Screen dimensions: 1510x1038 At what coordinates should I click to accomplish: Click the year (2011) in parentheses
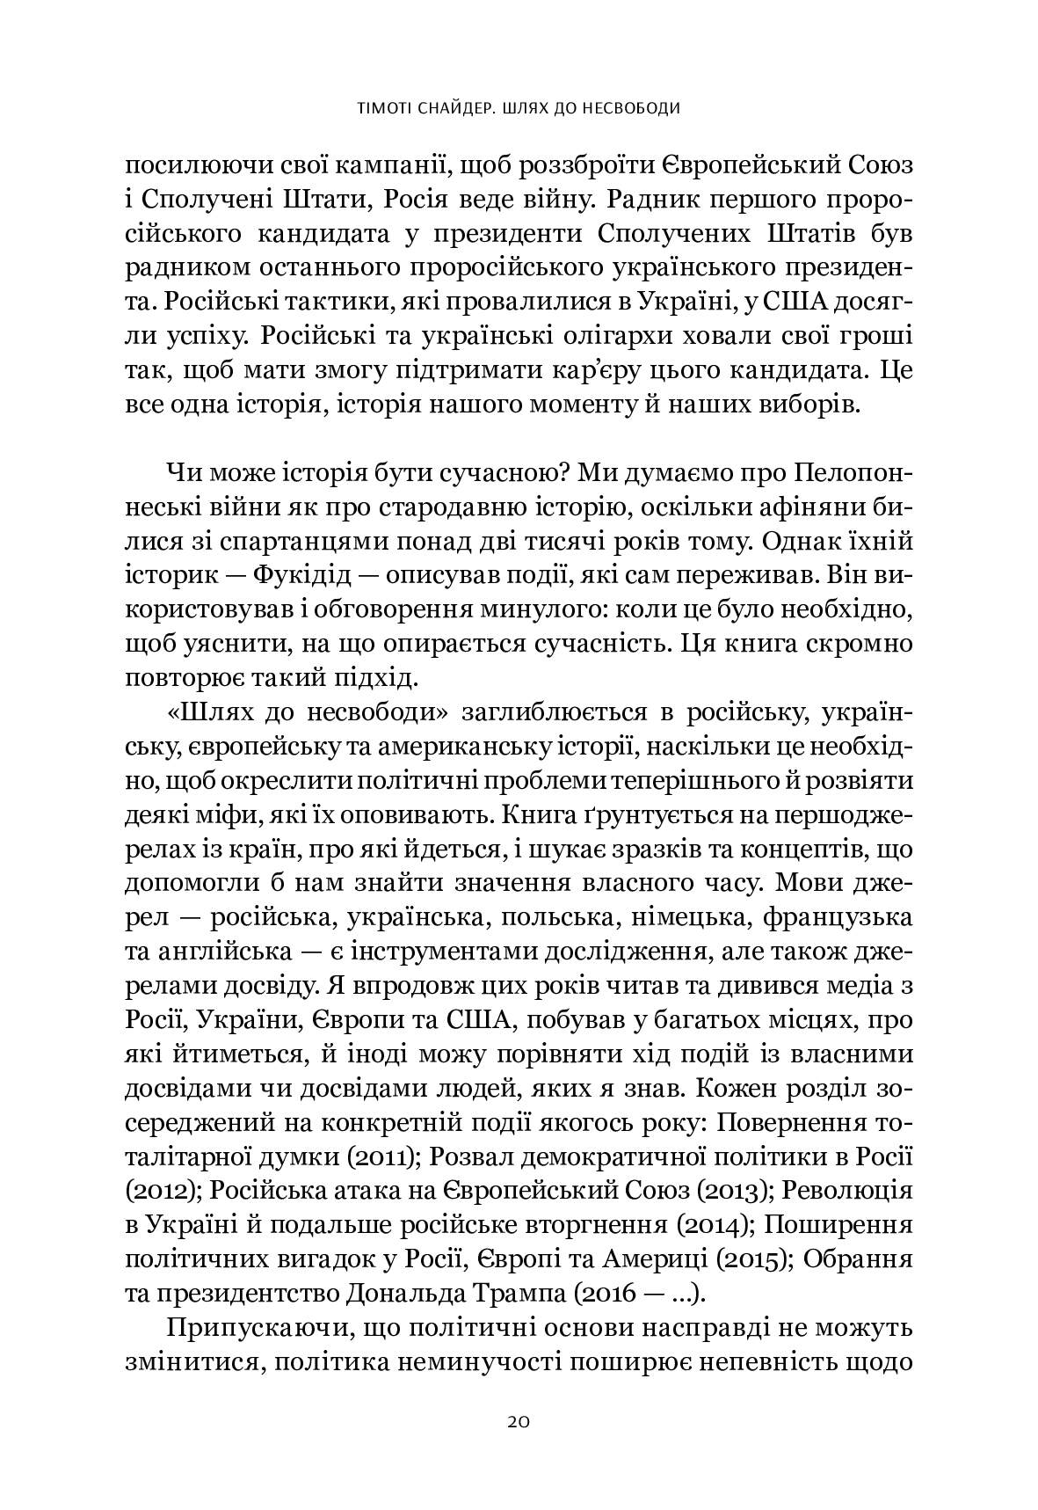coord(384,1157)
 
